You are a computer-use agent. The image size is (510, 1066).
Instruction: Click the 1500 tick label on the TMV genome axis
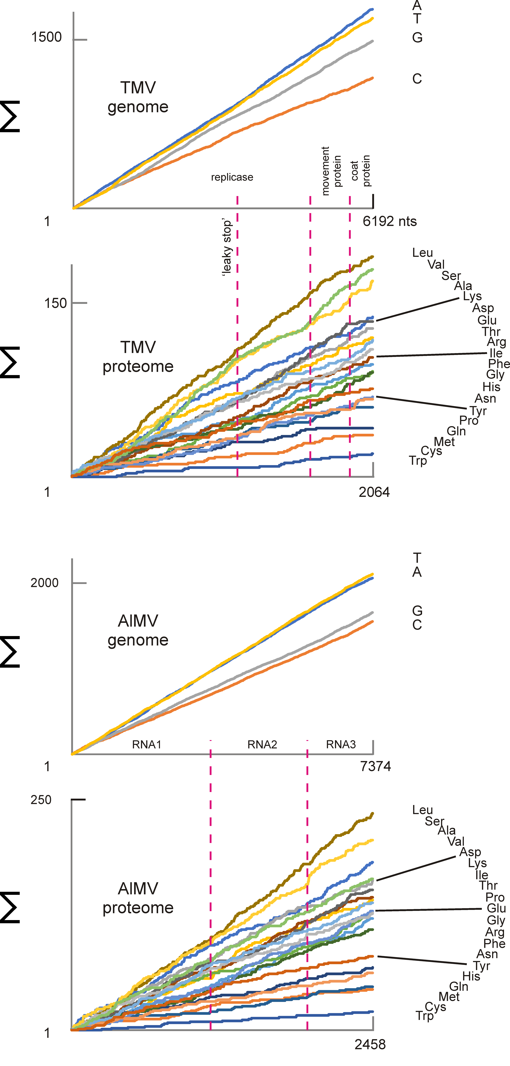(x=46, y=37)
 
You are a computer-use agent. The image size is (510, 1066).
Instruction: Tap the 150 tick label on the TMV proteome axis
(x=55, y=303)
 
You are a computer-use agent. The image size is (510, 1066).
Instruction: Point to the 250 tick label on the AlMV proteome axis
(x=41, y=799)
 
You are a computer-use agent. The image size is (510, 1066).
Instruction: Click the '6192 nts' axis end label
(x=390, y=221)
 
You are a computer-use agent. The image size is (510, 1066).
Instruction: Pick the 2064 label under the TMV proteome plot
(x=374, y=492)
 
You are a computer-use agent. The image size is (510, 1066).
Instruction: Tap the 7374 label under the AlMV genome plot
(x=375, y=766)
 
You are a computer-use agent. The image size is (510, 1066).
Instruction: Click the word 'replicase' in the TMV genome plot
(x=232, y=177)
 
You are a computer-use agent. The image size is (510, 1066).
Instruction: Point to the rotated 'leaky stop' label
(x=227, y=247)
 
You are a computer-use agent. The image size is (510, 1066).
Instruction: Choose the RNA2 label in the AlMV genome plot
(x=262, y=744)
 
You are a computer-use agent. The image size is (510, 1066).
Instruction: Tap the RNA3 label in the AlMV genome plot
(x=341, y=744)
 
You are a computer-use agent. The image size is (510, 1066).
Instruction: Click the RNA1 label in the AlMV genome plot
(x=146, y=744)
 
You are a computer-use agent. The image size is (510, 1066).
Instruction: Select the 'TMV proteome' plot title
(x=138, y=357)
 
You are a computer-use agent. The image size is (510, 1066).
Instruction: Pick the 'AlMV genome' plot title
(x=138, y=630)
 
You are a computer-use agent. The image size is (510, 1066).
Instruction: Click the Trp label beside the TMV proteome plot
(x=418, y=461)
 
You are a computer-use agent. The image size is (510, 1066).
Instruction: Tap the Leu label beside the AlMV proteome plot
(x=422, y=810)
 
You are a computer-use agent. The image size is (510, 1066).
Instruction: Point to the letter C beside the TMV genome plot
(x=417, y=79)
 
